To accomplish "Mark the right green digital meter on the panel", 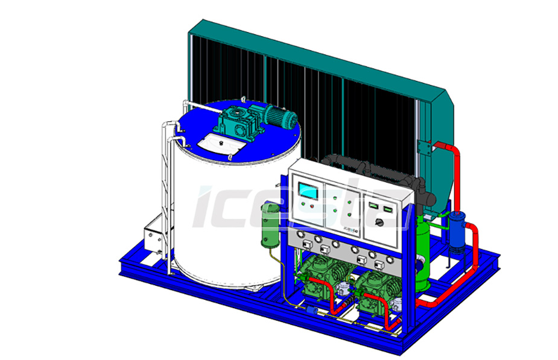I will coord(388,209).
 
